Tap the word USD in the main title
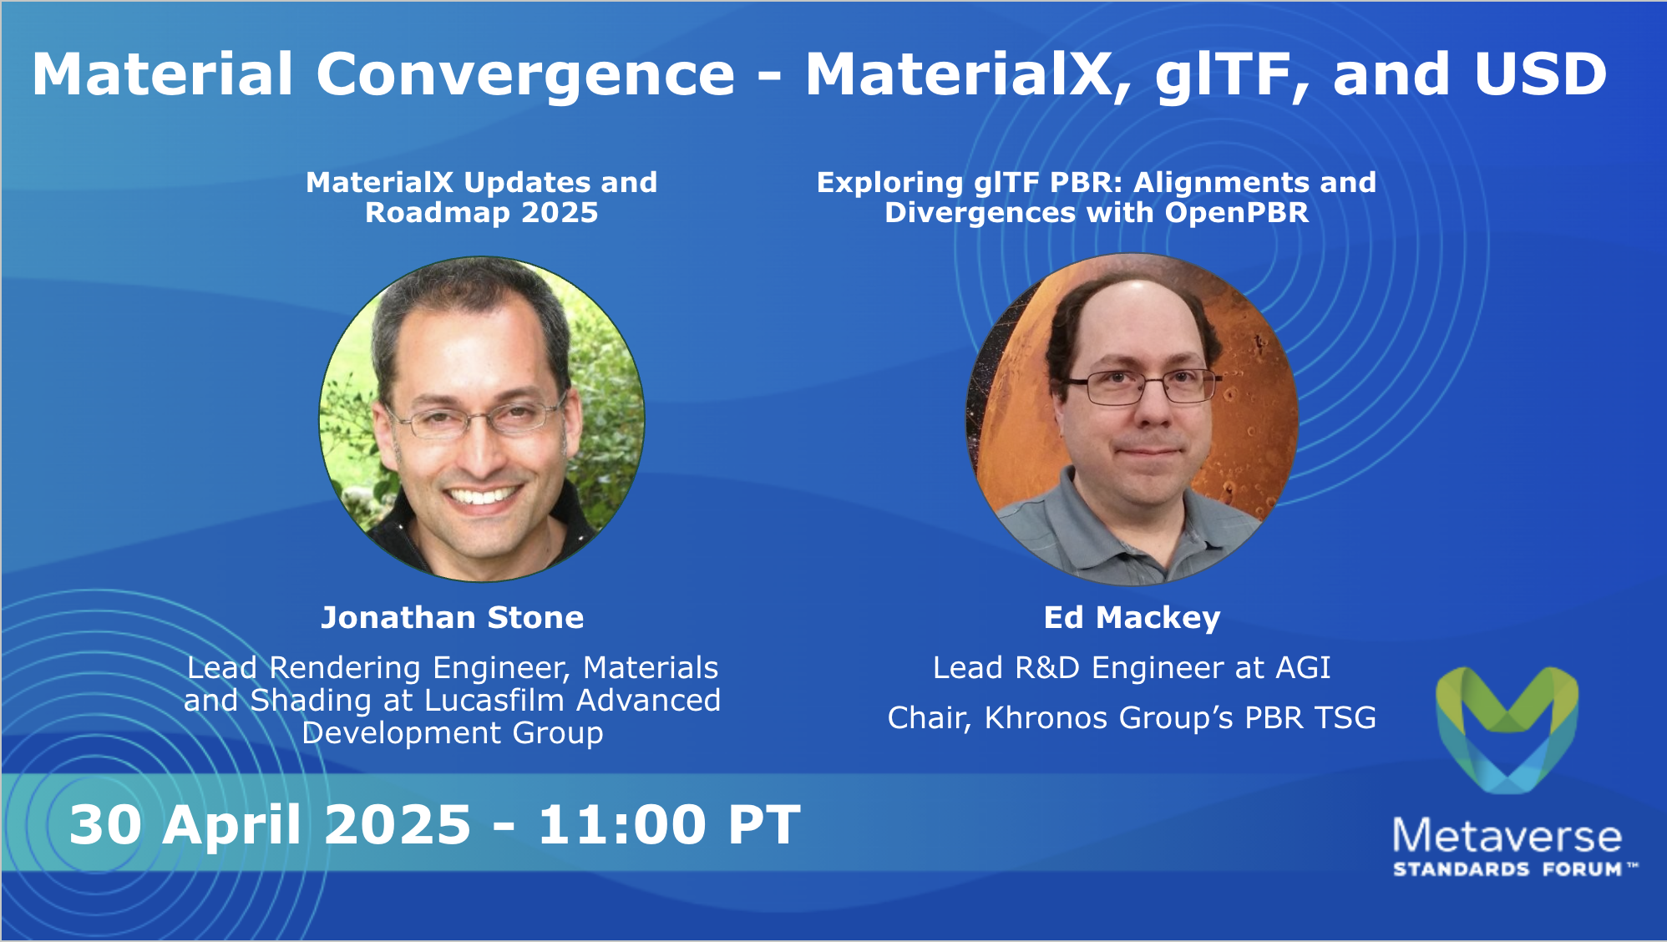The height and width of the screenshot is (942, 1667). (1541, 74)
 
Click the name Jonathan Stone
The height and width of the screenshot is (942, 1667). (453, 617)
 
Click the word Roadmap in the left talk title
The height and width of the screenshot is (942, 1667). (438, 213)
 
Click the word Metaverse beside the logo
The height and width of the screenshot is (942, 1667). (1507, 836)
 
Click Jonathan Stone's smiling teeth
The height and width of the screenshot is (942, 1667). (482, 496)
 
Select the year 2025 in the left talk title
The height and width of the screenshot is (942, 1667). (560, 213)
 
